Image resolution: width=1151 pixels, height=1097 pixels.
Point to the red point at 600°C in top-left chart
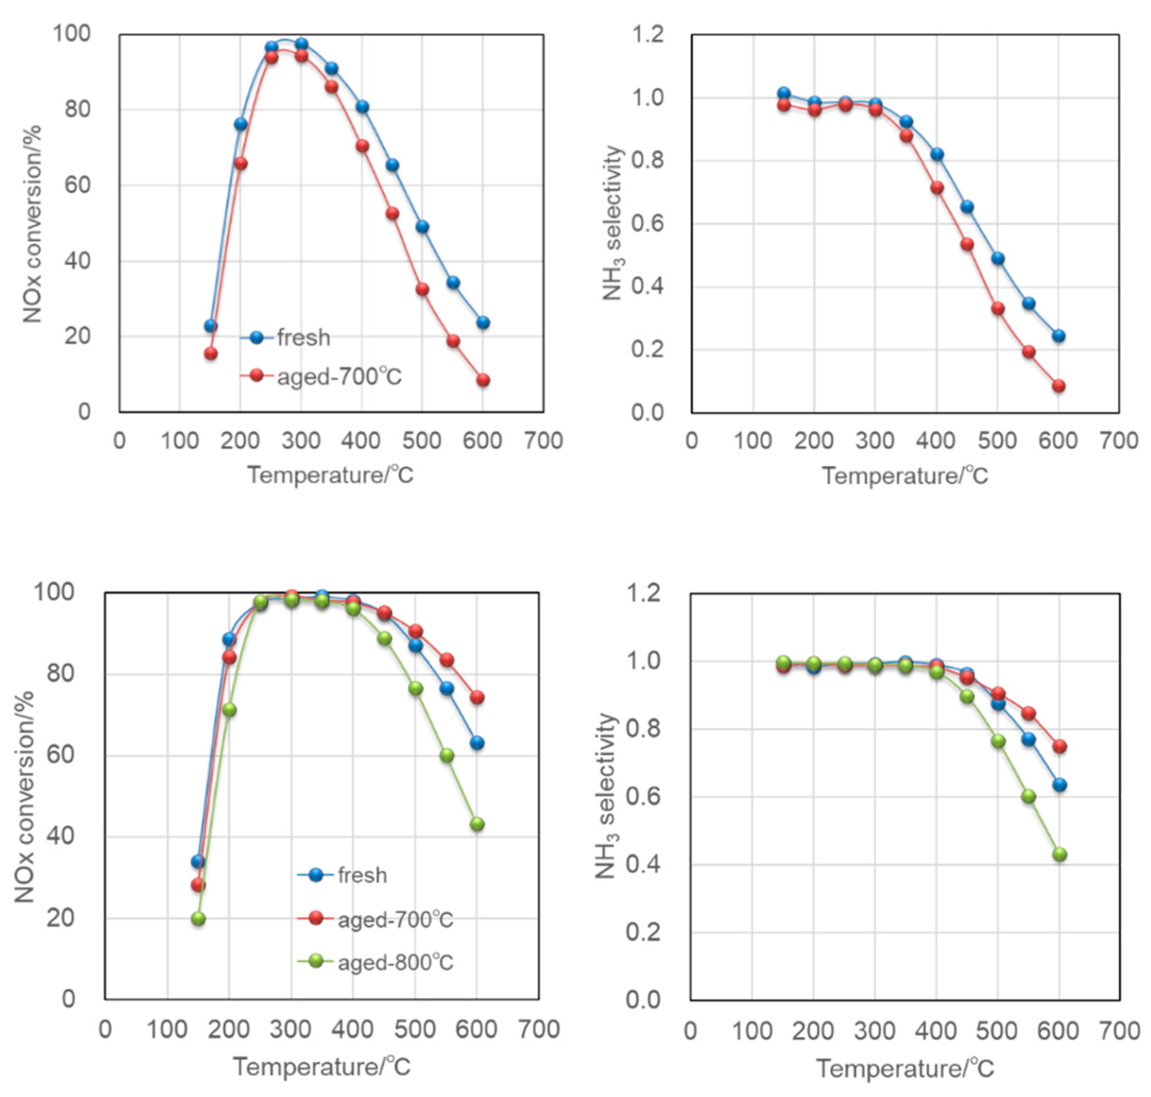click(483, 380)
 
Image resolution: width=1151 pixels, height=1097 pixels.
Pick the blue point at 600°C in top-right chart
click(1058, 336)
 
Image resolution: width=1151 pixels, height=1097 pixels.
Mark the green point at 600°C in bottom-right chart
click(1059, 854)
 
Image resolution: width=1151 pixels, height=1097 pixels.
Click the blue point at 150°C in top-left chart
click(211, 326)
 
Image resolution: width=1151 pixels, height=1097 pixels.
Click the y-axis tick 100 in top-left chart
click(72, 34)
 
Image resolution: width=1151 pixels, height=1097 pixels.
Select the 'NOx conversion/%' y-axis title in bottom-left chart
click(25, 796)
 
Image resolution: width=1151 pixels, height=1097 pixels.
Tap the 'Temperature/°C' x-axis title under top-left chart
click(330, 475)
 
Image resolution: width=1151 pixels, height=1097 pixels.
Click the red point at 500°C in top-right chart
click(997, 308)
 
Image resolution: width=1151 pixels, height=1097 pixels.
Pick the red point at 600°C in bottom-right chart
click(1059, 746)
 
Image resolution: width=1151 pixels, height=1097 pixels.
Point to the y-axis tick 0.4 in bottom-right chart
click(643, 864)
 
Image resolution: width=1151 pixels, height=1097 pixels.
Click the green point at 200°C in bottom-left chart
click(229, 709)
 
